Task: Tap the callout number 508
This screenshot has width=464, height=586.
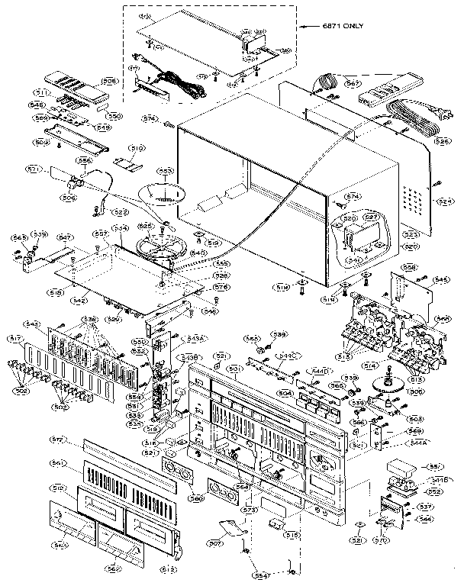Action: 109,80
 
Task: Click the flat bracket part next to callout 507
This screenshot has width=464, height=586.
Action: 233,526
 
